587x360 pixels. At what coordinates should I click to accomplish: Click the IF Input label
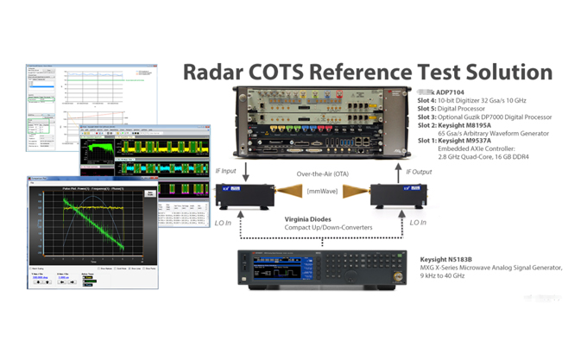[x=227, y=172]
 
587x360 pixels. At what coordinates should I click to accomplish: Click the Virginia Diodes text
[x=309, y=219]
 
